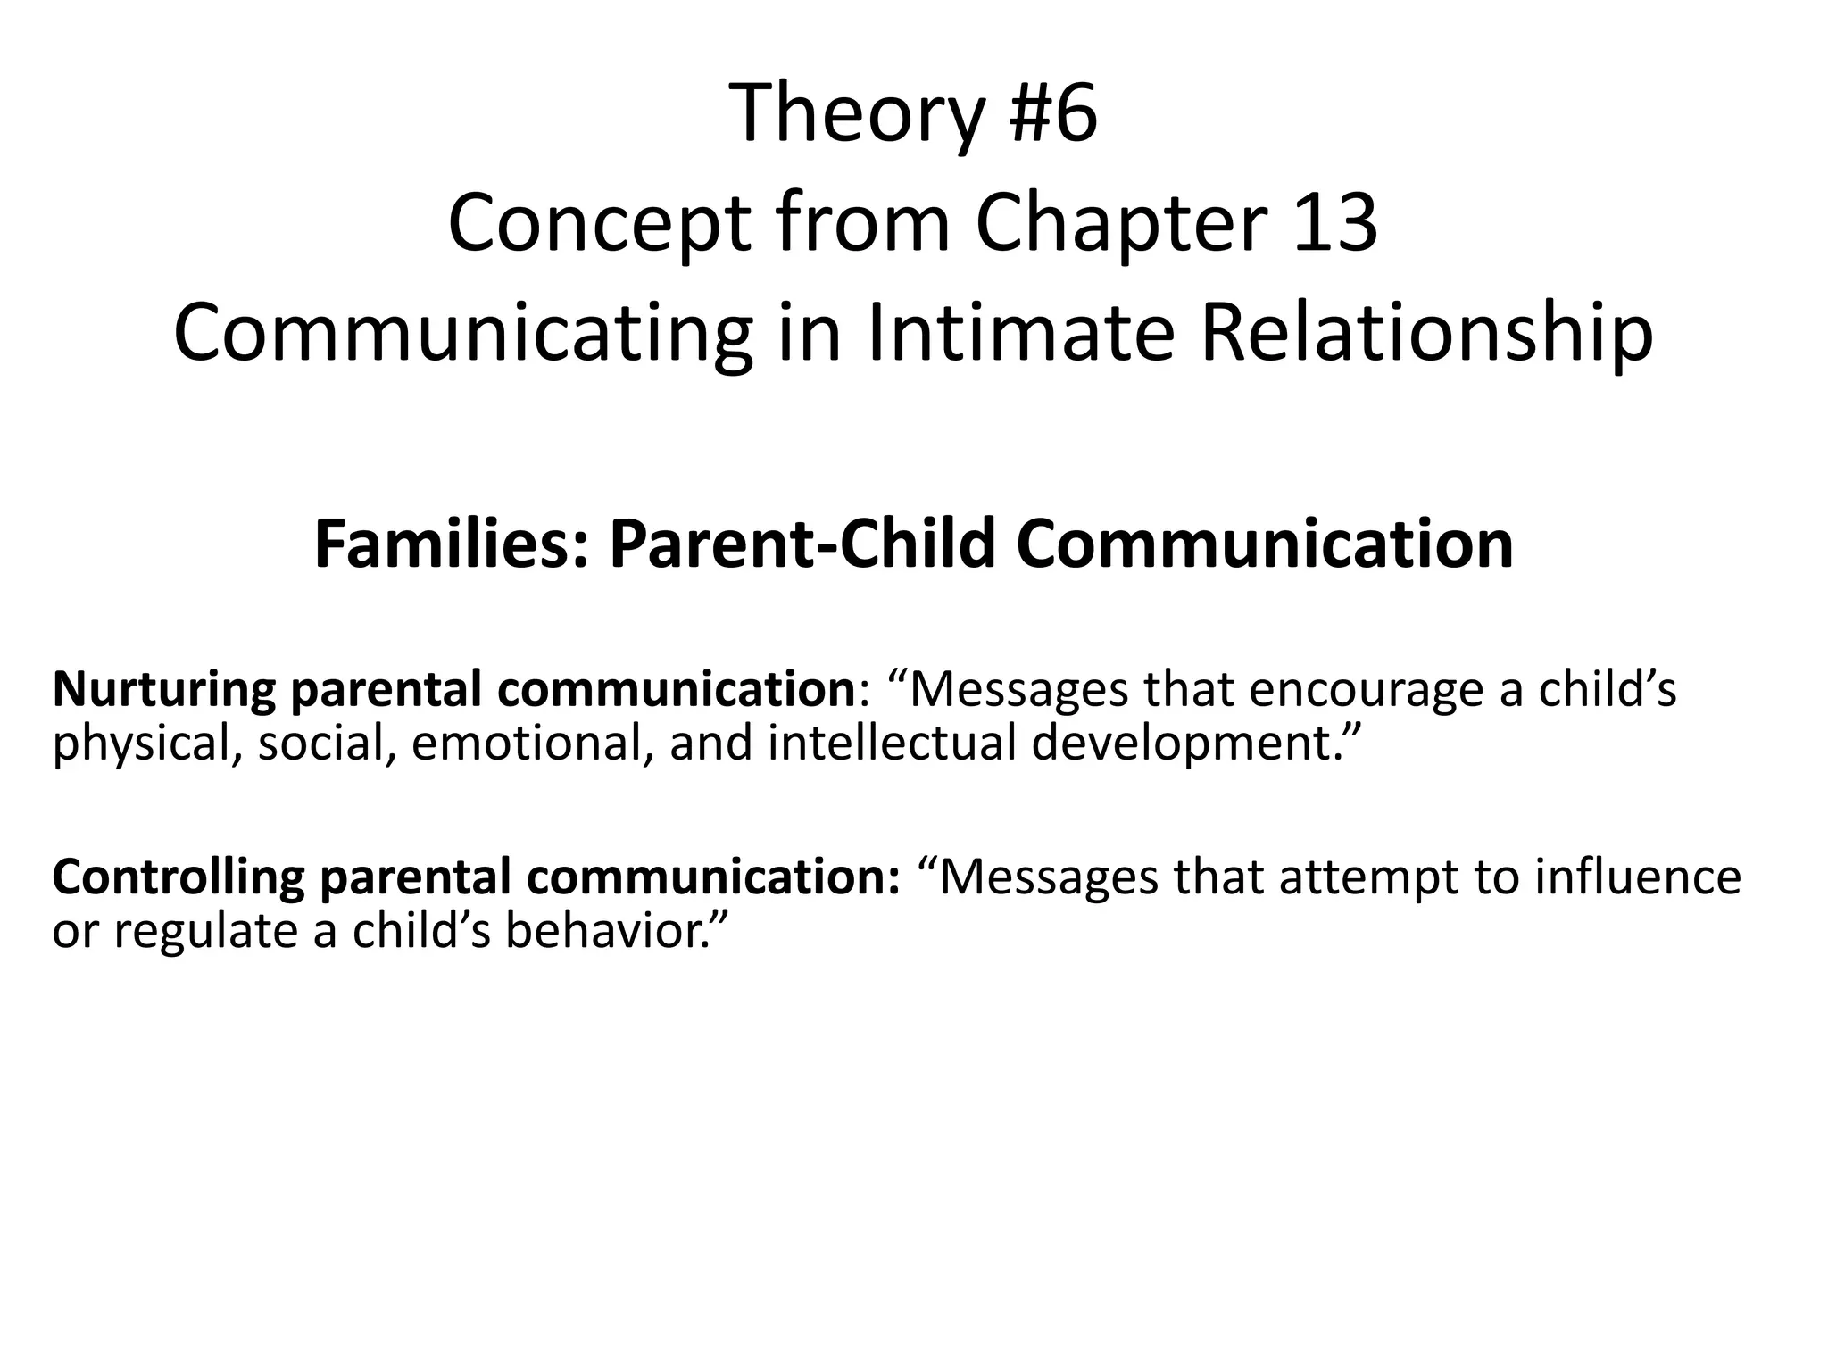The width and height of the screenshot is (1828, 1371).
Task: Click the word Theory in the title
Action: [857, 114]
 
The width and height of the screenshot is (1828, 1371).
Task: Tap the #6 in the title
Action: [1053, 114]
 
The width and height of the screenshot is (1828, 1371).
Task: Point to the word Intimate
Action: [1018, 333]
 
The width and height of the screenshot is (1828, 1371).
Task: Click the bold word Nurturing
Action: [164, 690]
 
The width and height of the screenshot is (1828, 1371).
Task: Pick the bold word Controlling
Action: [179, 877]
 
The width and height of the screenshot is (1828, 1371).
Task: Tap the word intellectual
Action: [893, 744]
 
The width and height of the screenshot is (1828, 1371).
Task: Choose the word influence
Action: [1638, 877]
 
